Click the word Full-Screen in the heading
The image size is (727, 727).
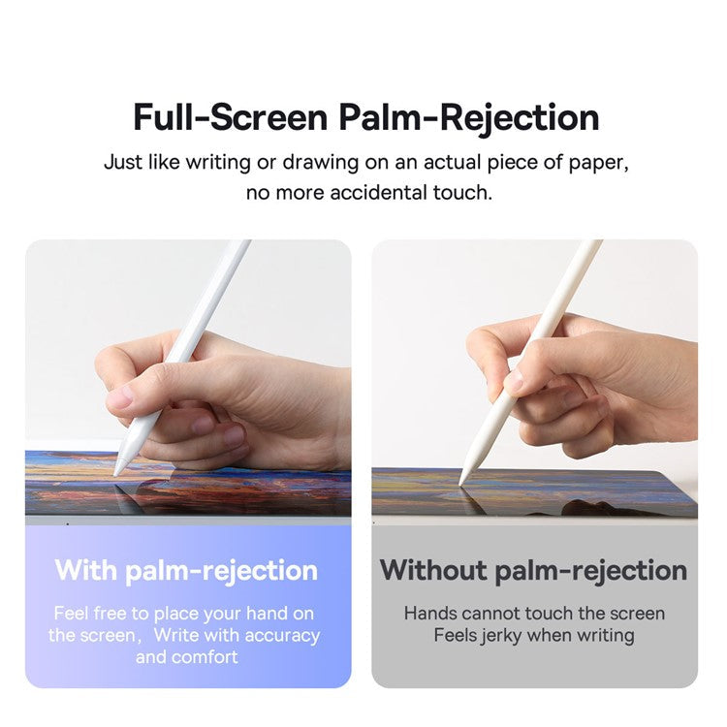click(x=231, y=117)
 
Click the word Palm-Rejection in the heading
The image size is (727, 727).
click(x=468, y=117)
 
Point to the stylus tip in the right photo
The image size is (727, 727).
click(x=462, y=481)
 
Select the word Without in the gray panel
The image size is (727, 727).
click(x=433, y=569)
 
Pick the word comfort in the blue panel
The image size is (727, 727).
click(x=205, y=657)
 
